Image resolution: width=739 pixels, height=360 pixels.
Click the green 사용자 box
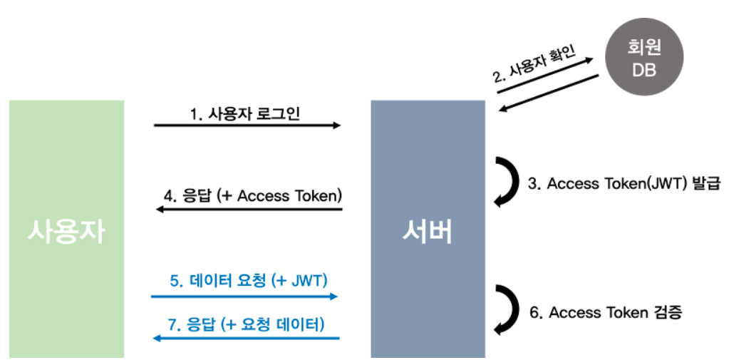point(66,228)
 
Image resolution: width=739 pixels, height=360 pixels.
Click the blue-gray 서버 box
point(428,228)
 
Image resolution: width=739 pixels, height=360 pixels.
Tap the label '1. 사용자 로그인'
point(247,113)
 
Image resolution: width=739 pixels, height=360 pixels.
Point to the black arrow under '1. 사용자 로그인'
point(247,125)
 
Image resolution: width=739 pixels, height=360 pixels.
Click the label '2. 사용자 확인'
point(534,65)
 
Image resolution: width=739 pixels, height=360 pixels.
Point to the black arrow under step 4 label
point(249,210)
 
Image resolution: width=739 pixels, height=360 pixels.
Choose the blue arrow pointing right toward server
point(244,295)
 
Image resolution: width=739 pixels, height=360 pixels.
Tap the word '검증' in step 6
point(666,312)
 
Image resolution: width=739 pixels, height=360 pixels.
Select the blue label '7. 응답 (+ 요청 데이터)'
point(246,324)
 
